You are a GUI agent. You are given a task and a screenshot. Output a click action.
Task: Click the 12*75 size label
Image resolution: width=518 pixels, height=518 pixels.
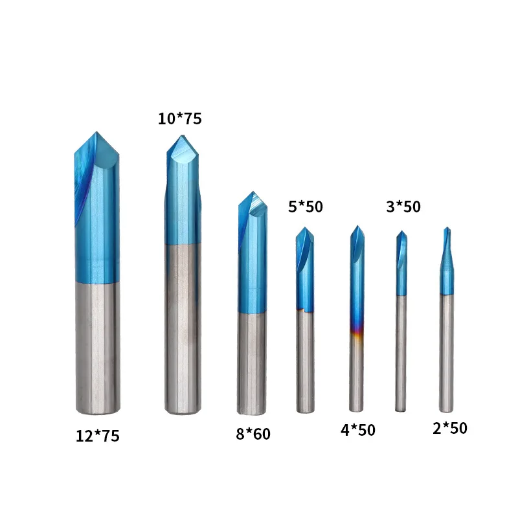(x=98, y=436)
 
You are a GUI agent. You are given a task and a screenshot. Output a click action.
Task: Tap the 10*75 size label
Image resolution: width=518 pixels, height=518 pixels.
(x=180, y=118)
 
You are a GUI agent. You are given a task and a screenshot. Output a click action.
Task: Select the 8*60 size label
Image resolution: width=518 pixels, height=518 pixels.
(x=253, y=434)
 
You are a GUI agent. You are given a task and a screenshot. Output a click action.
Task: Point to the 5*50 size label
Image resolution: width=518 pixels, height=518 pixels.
(x=305, y=207)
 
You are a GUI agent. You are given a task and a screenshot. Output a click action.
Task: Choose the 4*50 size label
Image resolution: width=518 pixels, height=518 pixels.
(x=358, y=430)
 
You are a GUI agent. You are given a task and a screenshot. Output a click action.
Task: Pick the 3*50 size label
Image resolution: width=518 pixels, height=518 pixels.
(x=403, y=207)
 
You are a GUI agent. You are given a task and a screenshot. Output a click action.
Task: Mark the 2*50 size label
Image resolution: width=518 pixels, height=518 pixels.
(x=449, y=428)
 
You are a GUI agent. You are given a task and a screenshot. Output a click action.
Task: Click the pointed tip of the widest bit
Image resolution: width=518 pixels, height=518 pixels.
(x=96, y=132)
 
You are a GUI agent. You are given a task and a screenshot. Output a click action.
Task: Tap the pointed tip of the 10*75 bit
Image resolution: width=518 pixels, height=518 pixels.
(x=181, y=135)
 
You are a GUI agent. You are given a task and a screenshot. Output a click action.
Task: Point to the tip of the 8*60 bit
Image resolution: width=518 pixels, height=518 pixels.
(x=253, y=192)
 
